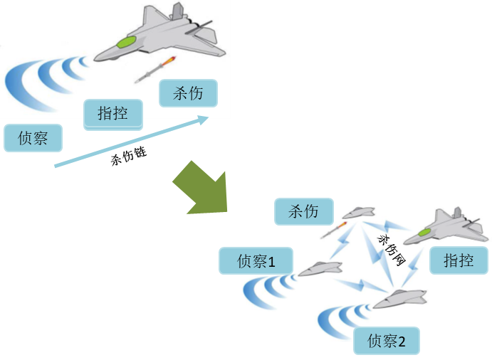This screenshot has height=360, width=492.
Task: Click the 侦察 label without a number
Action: point(33,138)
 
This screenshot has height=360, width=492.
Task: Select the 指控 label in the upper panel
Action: point(112,113)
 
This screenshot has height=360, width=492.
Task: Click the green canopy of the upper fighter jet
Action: point(127,43)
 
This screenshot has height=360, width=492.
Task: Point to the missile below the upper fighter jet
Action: point(156,69)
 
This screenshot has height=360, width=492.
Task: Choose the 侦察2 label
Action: point(387,342)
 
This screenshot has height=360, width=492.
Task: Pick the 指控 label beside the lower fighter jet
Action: point(459,260)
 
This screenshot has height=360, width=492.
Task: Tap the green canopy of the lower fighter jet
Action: point(426,232)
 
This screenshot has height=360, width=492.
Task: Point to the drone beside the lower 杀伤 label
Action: point(358,213)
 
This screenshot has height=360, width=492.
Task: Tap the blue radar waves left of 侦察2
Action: point(341,321)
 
